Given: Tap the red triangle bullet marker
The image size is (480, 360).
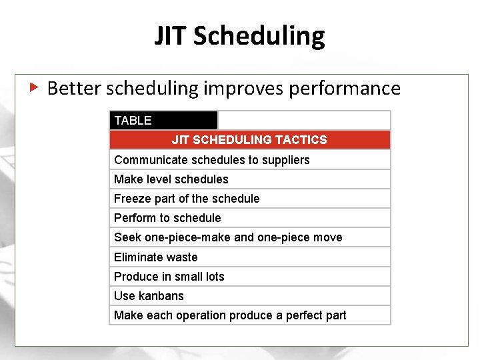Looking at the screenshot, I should [x=34, y=87].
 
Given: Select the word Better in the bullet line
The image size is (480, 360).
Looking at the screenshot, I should [x=74, y=88].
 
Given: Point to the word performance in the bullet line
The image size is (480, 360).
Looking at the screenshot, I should [x=345, y=89].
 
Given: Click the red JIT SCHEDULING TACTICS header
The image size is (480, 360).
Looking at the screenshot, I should [x=249, y=140].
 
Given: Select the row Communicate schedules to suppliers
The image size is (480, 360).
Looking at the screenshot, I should [x=212, y=160].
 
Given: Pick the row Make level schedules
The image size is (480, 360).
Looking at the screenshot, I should [x=171, y=179].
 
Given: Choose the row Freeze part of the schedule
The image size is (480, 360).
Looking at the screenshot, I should [x=187, y=199].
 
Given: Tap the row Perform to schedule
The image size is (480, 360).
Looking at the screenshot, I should [x=167, y=218].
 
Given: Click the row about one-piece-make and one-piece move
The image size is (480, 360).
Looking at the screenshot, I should [x=228, y=237].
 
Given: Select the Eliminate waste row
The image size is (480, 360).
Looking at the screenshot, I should [x=156, y=257].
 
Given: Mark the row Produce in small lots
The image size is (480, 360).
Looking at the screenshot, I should [x=169, y=277].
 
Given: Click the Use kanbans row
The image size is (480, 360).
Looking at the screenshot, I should [x=149, y=296].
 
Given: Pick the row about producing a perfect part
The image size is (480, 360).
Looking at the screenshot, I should [x=230, y=315].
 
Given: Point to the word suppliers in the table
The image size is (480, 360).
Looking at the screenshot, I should [x=285, y=160].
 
